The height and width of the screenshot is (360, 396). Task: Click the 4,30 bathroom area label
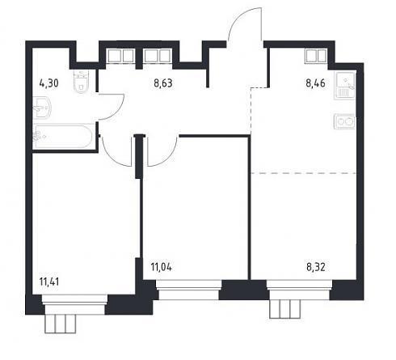(x=48, y=83)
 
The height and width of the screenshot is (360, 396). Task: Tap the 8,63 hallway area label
(x=163, y=83)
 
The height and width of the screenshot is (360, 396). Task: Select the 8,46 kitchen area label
(x=315, y=83)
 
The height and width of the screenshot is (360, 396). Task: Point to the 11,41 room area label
(x=49, y=282)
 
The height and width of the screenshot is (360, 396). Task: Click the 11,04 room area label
(x=162, y=267)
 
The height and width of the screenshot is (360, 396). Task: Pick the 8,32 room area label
(x=316, y=267)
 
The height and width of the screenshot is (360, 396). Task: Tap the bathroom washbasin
(x=43, y=108)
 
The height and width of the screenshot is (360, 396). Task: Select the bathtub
(x=63, y=137)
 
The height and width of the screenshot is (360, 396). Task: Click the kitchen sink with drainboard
(x=345, y=86)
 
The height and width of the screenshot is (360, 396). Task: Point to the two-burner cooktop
(x=345, y=121)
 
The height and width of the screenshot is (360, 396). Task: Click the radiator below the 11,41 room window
(x=61, y=324)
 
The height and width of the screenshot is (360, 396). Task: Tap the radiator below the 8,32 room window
(x=285, y=309)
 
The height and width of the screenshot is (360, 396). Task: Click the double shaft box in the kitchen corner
(x=316, y=56)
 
